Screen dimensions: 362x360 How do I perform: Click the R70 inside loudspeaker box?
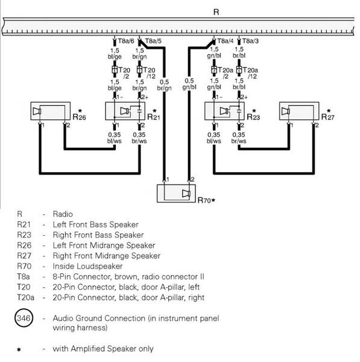click(x=175, y=193)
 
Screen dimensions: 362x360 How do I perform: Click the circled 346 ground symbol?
click(x=27, y=319)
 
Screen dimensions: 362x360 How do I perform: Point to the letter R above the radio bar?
click(x=216, y=11)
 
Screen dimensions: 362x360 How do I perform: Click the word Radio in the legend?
click(x=63, y=214)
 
